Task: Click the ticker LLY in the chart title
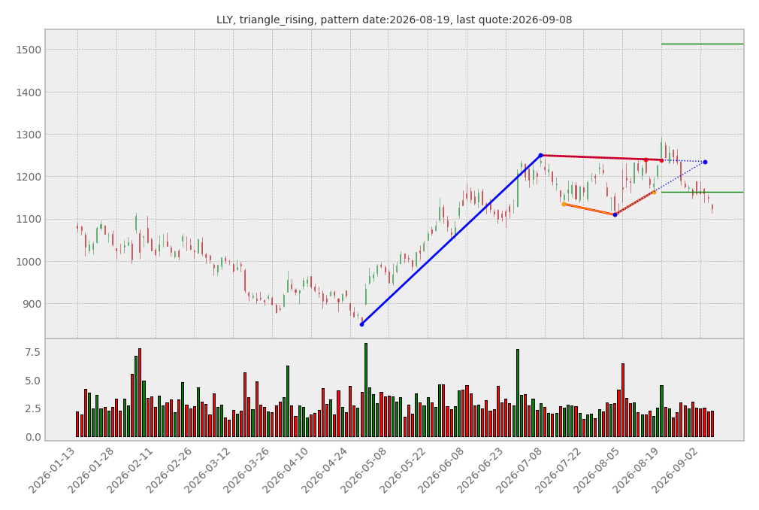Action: point(224,20)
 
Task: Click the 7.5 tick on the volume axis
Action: point(33,352)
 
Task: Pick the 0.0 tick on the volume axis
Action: point(33,437)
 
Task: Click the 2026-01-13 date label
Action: point(53,471)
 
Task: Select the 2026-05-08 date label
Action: point(364,471)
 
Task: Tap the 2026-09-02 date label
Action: point(676,471)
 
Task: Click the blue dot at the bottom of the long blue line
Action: point(361,324)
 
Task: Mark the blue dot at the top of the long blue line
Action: point(540,156)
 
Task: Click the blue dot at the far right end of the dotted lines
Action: point(705,162)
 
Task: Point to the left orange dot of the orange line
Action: point(564,205)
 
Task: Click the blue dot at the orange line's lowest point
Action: point(615,214)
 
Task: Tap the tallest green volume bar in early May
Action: point(366,390)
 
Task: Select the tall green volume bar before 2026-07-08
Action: point(518,393)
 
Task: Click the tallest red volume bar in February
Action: point(140,393)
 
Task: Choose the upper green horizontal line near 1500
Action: point(702,44)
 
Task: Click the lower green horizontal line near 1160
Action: point(702,193)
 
